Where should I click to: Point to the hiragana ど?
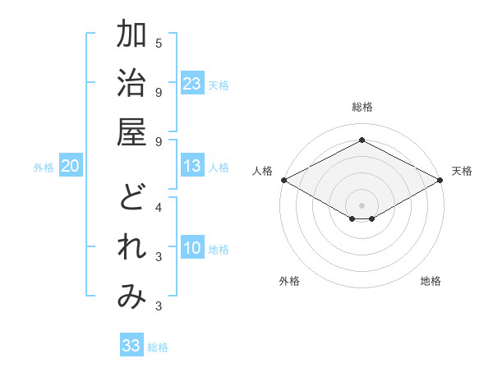point(131,200)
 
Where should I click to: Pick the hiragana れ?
point(131,248)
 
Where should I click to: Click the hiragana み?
point(131,297)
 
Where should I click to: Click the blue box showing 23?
point(192,84)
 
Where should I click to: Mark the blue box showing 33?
point(131,346)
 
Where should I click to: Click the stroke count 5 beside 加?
point(159,43)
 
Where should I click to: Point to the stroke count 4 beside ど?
point(159,207)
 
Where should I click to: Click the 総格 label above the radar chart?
point(362,107)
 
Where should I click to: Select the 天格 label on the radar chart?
point(462,171)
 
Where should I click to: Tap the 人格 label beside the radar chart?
point(261,171)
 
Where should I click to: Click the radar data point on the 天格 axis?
point(440,180)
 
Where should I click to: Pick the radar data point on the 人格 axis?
point(283,180)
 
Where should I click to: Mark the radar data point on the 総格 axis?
point(362,140)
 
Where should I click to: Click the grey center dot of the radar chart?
point(362,204)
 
